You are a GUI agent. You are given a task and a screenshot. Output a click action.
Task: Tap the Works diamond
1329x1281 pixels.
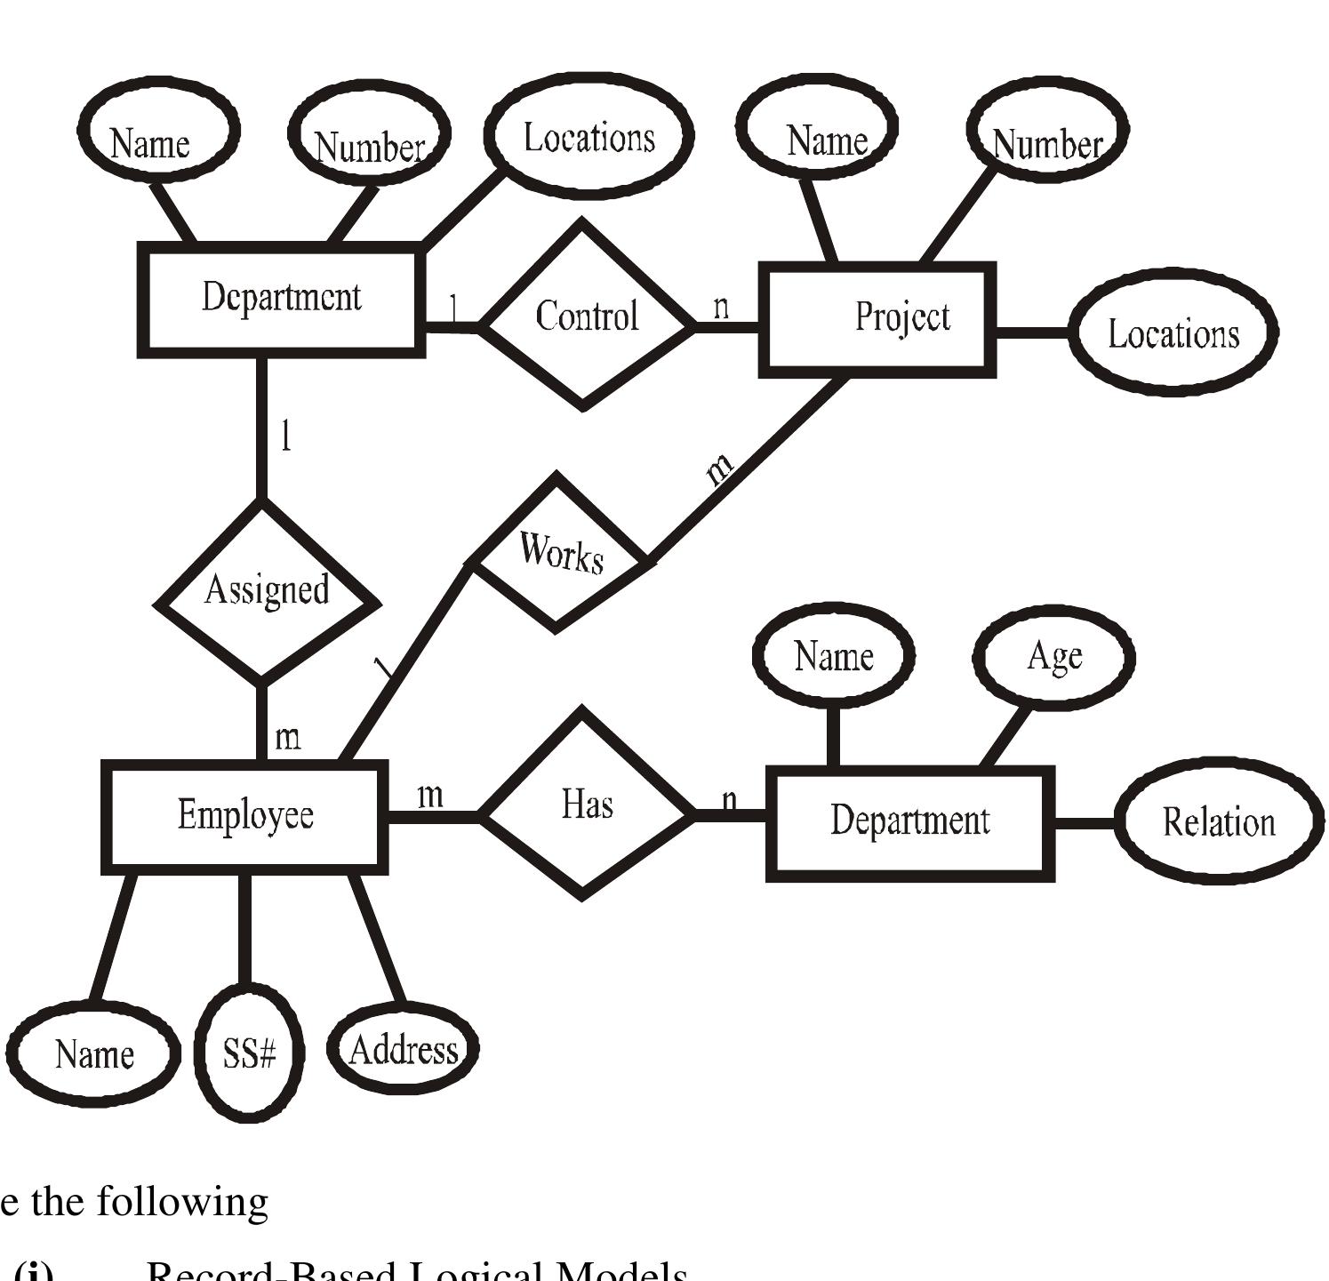[560, 553]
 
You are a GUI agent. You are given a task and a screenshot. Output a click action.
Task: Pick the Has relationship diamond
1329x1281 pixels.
[585, 805]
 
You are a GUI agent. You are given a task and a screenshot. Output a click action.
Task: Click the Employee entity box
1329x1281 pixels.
[244, 815]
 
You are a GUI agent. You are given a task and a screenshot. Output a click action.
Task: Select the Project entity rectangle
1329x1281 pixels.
[877, 318]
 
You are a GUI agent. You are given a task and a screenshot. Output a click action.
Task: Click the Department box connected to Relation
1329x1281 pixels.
[909, 821]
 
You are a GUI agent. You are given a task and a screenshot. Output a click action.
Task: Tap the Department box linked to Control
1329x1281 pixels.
[281, 298]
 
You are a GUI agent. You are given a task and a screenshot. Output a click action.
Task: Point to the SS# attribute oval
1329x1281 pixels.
[249, 1054]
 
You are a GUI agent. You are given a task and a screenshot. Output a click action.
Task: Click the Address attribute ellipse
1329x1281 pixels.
[403, 1050]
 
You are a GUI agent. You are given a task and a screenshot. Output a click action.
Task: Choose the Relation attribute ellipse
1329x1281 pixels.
[1217, 822]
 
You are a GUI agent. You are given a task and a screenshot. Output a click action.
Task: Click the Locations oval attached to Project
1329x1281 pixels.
[1173, 333]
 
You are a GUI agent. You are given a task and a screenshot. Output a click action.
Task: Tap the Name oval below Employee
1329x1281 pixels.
[93, 1054]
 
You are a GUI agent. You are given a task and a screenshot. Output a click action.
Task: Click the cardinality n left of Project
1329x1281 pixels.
[721, 307]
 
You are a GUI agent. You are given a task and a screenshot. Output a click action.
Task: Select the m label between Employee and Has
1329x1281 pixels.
[430, 794]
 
